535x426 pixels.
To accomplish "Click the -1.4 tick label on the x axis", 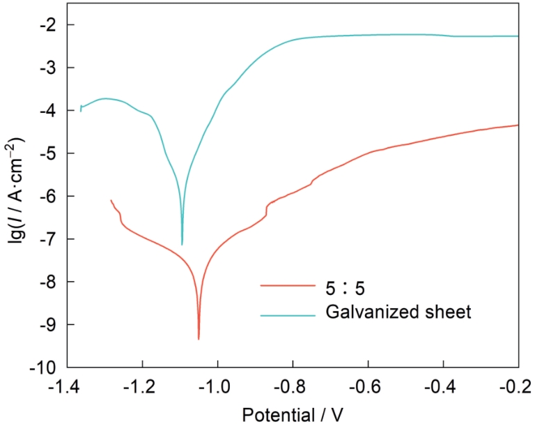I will [68, 385].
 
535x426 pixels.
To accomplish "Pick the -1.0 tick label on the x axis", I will [217, 385].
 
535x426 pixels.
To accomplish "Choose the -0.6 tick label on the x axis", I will [368, 385].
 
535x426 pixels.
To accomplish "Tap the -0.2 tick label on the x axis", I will [518, 385].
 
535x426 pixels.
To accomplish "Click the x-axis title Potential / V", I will [293, 413].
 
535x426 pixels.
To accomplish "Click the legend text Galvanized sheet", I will [398, 312].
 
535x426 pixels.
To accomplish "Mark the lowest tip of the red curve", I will [199, 339].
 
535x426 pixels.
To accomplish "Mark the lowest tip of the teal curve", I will [182, 245].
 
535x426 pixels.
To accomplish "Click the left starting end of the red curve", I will [111, 200].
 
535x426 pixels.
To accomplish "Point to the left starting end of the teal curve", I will [81, 111].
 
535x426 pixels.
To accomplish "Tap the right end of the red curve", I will [518, 125].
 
